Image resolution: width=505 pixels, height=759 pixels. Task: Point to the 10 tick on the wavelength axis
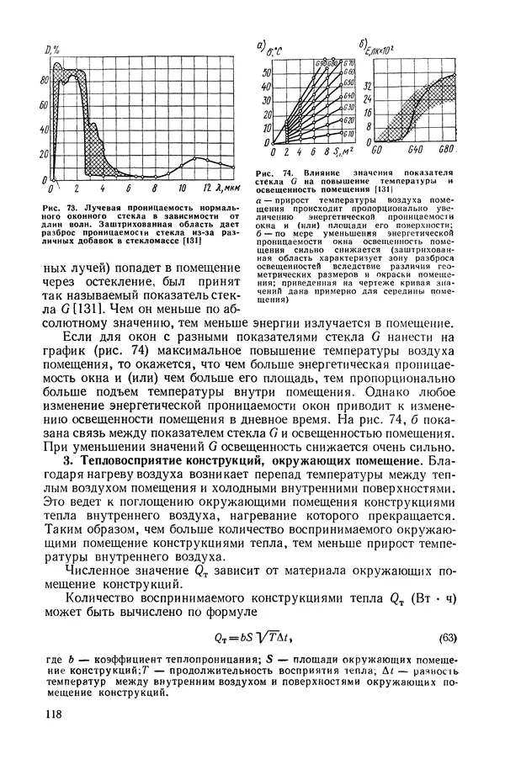coord(182,188)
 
